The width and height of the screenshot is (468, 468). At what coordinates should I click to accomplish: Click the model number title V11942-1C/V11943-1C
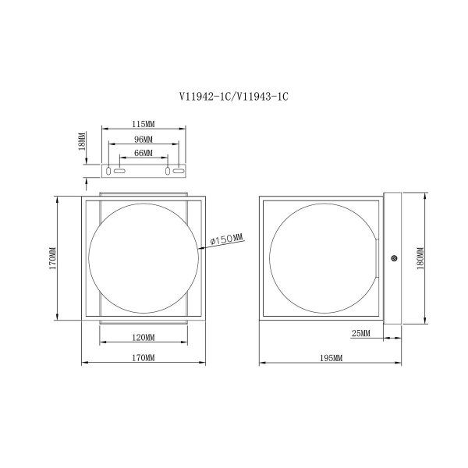point(234,97)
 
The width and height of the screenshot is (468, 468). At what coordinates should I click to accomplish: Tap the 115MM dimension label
point(144,124)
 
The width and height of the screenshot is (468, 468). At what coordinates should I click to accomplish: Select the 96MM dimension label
point(144,139)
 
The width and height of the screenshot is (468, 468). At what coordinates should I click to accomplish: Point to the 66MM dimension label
point(144,153)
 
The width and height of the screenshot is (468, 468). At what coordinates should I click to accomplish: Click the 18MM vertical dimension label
point(82,141)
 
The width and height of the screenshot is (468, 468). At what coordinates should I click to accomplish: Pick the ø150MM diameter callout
point(227,239)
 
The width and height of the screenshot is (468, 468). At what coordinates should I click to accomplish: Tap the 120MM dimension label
point(144,338)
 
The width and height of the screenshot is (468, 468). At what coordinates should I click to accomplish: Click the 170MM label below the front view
point(144,357)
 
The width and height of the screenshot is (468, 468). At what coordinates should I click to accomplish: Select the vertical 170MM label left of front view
point(53,258)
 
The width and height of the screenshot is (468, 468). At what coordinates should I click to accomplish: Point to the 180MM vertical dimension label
point(420,258)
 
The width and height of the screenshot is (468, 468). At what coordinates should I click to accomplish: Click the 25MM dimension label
point(360,333)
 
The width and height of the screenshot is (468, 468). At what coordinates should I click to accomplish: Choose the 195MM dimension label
point(331,358)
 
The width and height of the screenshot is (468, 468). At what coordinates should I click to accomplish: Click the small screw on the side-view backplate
point(394,258)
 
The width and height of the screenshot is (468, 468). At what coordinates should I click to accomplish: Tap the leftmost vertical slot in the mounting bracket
point(108,171)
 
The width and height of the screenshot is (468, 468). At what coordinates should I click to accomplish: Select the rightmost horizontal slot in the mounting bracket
point(179,171)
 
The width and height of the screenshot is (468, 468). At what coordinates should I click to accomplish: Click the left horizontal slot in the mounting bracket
point(119,171)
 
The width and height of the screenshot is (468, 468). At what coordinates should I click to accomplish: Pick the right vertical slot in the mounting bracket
point(168,171)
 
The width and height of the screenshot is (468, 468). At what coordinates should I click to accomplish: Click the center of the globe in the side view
point(324,258)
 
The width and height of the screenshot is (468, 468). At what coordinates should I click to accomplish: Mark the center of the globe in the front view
point(144,258)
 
